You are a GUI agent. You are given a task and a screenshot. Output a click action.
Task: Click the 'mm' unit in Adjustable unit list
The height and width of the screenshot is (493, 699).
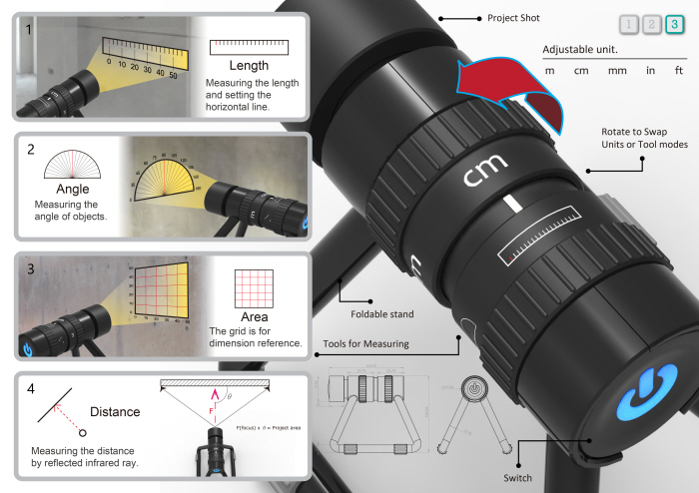tap(616, 70)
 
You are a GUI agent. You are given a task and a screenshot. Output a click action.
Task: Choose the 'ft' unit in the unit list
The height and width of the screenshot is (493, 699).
tap(679, 70)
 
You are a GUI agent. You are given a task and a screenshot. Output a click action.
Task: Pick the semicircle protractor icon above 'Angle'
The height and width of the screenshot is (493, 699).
tap(68, 165)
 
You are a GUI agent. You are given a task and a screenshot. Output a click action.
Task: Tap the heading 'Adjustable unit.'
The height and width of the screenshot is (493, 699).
tap(580, 49)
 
